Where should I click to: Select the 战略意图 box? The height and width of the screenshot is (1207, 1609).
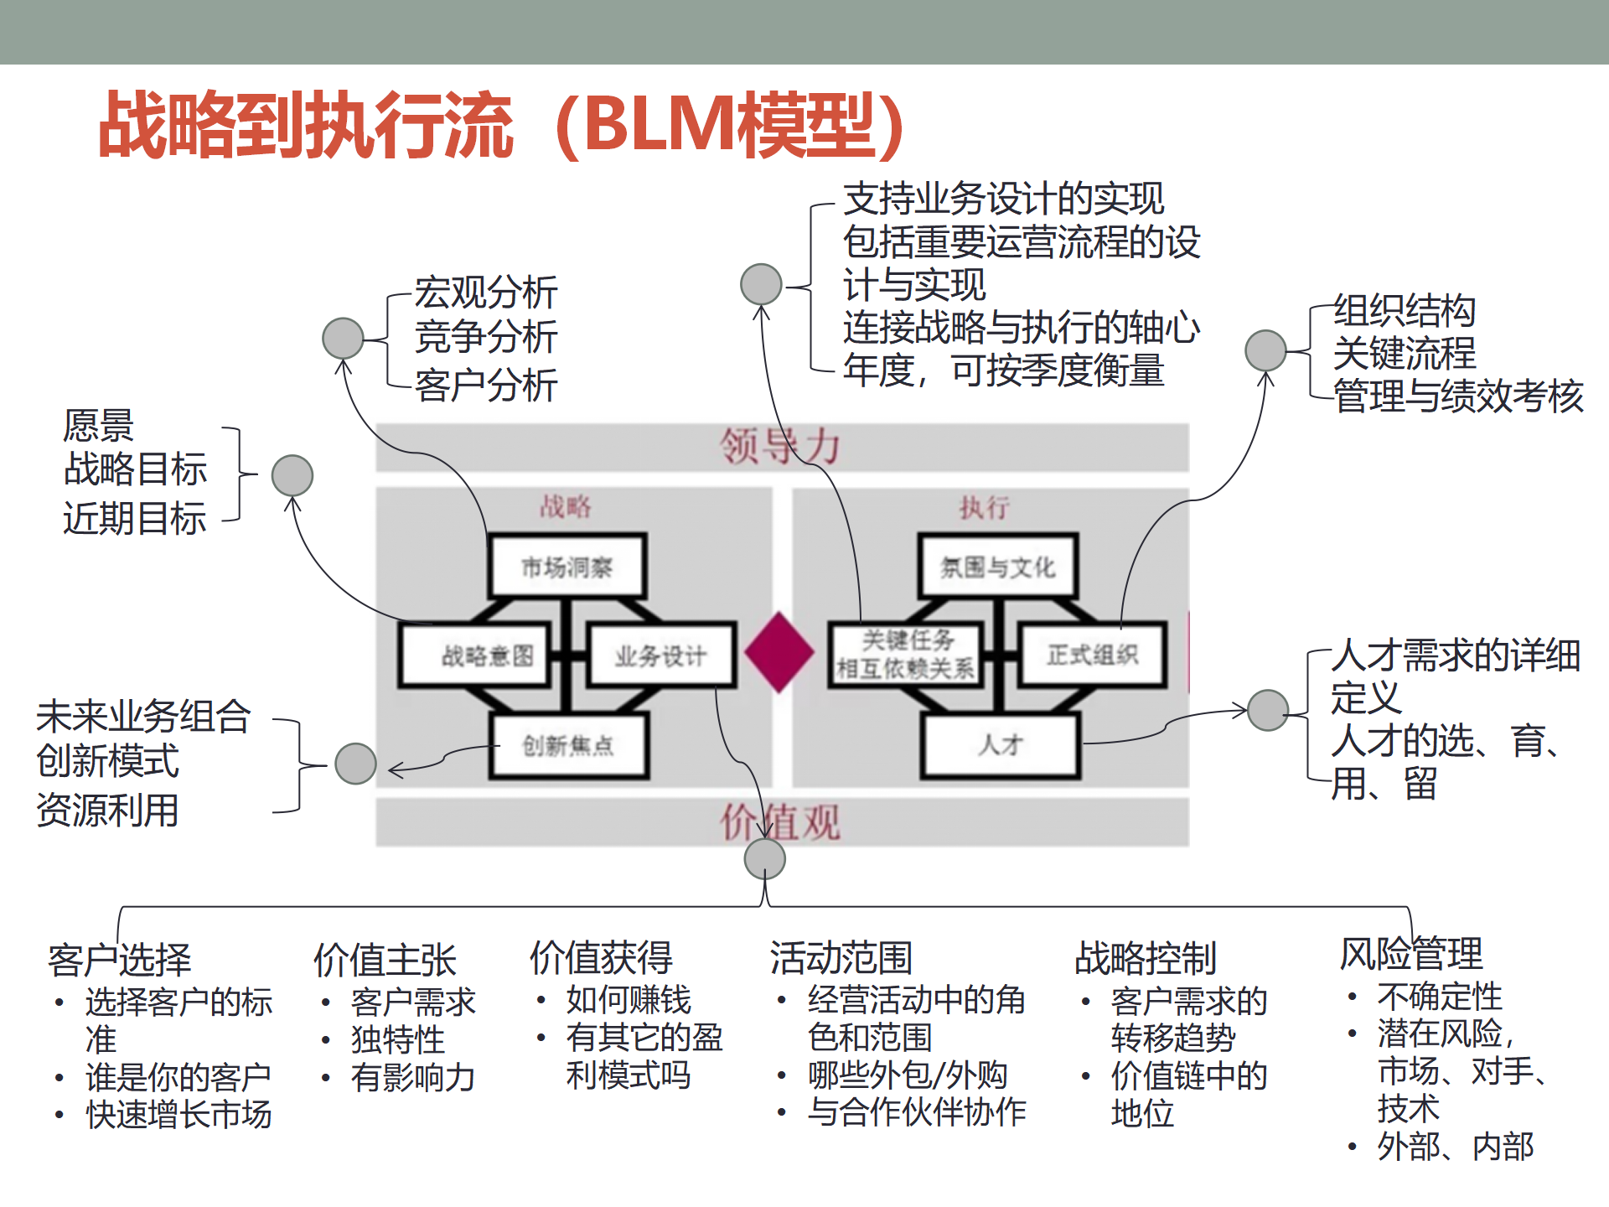coord(476,655)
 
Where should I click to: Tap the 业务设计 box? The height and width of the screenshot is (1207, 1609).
coord(661,655)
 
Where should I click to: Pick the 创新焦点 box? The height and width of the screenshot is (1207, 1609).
coord(568,745)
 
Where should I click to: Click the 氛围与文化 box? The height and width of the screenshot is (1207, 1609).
coord(997,567)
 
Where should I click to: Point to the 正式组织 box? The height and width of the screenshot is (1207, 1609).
coord(1091,655)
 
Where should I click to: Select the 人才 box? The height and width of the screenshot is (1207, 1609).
coord(1000,744)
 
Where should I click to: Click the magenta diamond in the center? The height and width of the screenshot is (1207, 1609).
coord(779,652)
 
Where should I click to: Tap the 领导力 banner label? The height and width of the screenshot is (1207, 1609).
coord(780,447)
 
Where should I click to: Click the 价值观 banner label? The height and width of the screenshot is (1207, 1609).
coord(780,822)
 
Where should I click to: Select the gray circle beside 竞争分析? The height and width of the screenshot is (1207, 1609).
coord(343,339)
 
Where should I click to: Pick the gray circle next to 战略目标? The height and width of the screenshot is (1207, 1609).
coord(292,475)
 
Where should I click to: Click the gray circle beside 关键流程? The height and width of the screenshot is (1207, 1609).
coord(1265,350)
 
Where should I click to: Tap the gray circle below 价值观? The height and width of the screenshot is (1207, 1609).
coord(764,858)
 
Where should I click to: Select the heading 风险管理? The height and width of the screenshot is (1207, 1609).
coord(1411,954)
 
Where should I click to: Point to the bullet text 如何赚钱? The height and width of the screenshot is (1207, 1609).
coord(629,1000)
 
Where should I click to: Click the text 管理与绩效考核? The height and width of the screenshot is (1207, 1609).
coord(1458,396)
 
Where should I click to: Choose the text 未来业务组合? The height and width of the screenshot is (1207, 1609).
coord(143,717)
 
